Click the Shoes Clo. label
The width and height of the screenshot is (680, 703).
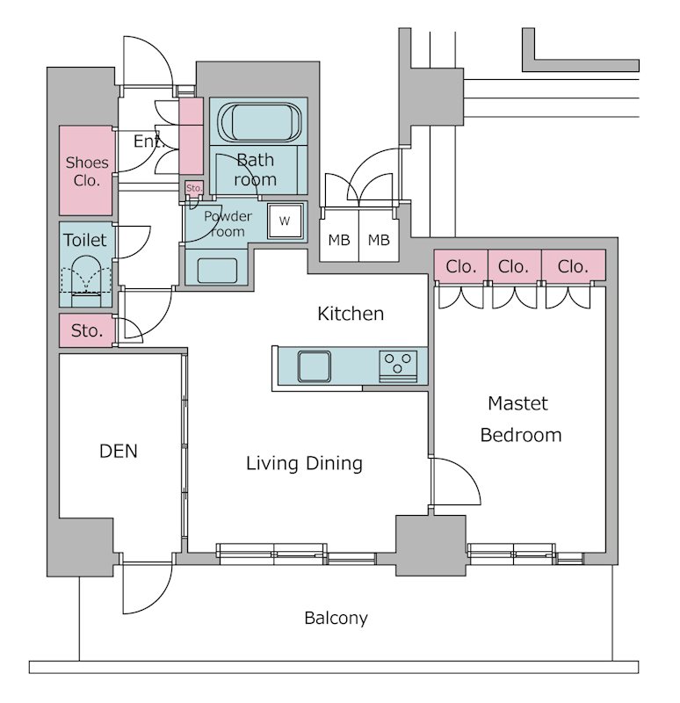[87, 171]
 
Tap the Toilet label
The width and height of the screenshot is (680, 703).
[85, 240]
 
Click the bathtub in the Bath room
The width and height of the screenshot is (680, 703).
[258, 121]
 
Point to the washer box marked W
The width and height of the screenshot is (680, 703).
[284, 221]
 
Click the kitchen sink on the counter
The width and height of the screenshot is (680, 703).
[314, 365]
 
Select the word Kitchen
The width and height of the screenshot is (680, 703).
[351, 313]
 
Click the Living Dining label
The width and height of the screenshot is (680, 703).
[304, 463]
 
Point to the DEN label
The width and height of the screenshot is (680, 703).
[119, 452]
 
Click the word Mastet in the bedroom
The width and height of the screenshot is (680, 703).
[518, 404]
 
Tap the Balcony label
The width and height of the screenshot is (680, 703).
[336, 619]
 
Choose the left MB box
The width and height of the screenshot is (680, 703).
[338, 240]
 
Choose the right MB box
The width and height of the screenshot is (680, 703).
[379, 240]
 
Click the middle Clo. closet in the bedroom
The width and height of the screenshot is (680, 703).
[513, 265]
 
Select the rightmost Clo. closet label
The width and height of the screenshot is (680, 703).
[573, 265]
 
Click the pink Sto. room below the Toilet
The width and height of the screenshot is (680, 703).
[87, 330]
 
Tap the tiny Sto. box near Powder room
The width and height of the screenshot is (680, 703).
[194, 188]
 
